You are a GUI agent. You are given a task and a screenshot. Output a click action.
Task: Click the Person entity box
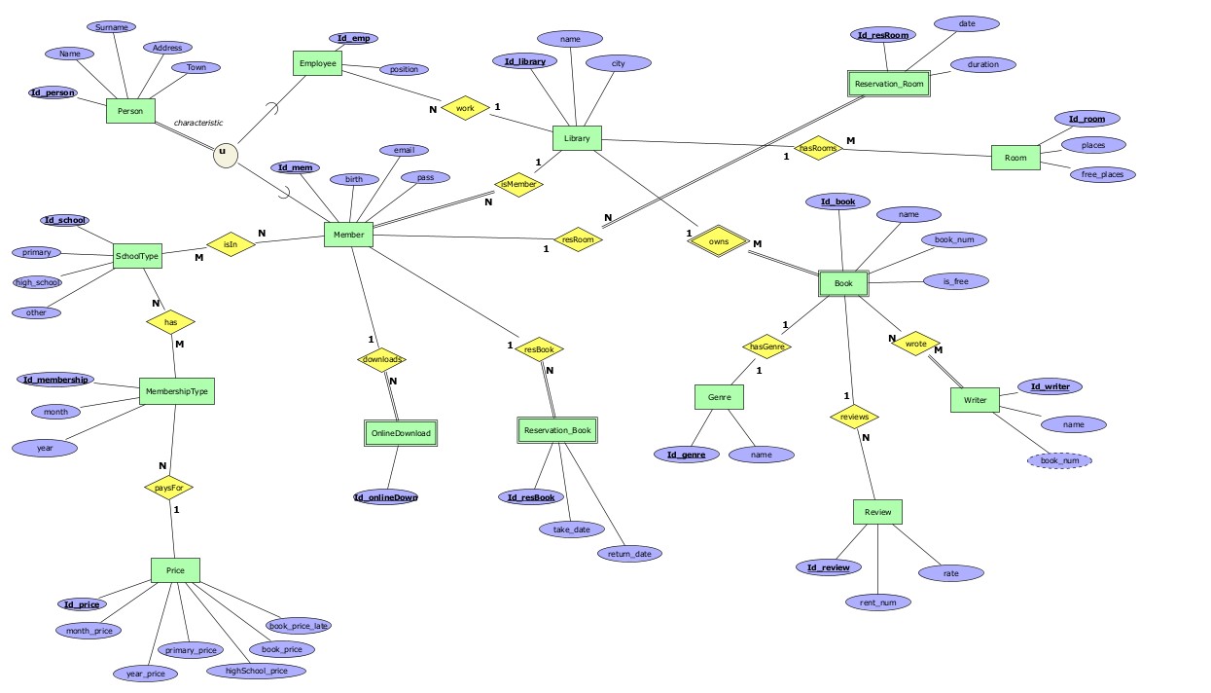(130, 111)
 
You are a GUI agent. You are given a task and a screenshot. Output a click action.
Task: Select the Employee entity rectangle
(318, 64)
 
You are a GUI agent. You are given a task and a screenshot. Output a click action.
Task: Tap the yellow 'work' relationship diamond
(465, 108)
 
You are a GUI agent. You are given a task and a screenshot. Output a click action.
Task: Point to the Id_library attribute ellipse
(525, 61)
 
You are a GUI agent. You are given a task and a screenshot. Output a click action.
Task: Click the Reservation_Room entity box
(888, 85)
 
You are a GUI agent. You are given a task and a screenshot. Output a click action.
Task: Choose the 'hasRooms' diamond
(816, 148)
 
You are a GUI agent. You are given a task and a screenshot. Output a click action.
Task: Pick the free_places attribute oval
(1102, 174)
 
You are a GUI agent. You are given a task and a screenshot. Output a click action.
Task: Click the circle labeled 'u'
(226, 153)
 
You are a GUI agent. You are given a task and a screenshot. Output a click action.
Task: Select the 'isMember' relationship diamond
(518, 183)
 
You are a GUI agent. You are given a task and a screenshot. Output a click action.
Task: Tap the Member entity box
(348, 235)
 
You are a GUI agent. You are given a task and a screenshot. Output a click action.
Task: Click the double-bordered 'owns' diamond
(719, 241)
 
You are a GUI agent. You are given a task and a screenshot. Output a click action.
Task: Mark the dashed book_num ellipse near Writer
(1059, 460)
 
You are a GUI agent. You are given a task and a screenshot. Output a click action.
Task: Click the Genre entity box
(719, 397)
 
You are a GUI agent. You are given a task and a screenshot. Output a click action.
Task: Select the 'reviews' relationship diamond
(854, 417)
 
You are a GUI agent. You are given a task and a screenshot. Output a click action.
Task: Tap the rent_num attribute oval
(877, 602)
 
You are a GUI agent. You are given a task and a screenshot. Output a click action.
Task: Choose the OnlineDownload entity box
(401, 433)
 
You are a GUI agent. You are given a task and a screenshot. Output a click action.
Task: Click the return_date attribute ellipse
(629, 554)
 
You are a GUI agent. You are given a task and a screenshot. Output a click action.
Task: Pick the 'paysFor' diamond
(168, 487)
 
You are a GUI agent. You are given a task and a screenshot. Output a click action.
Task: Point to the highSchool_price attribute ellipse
(257, 671)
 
